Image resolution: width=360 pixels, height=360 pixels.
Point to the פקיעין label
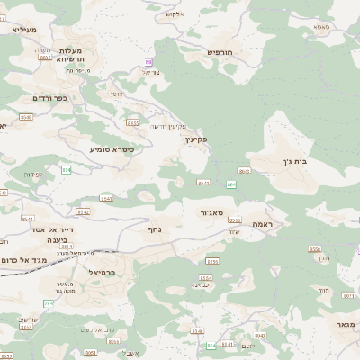point(198,139)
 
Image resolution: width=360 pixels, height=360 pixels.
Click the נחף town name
point(153,229)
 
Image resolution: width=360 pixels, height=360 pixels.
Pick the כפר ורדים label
point(40,97)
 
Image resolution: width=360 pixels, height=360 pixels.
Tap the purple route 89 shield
point(148,61)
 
